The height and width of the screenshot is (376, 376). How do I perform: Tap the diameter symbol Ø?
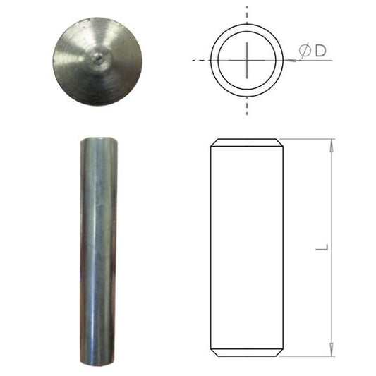pyautogui.click(x=305, y=51)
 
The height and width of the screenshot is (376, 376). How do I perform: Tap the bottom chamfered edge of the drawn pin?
pyautogui.click(x=247, y=353)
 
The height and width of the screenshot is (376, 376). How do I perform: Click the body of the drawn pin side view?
pyautogui.click(x=247, y=247)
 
